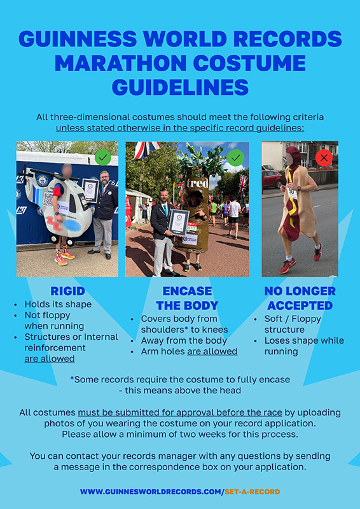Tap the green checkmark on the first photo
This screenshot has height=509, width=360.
click(101, 157)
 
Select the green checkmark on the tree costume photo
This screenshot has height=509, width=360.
click(236, 157)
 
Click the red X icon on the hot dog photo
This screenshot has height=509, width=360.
click(324, 157)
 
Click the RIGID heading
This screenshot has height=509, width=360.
click(67, 291)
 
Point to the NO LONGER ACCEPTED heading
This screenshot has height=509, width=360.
click(300, 298)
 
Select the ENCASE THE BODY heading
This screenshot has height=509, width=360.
click(182, 298)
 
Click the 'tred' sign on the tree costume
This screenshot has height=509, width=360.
click(197, 183)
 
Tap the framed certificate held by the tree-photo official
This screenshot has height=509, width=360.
click(179, 222)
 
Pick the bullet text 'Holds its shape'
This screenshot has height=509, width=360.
click(57, 304)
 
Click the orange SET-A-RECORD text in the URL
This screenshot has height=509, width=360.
click(252, 492)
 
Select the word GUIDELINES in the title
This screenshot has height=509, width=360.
click(180, 86)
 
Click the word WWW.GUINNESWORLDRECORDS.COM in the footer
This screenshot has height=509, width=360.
click(150, 492)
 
